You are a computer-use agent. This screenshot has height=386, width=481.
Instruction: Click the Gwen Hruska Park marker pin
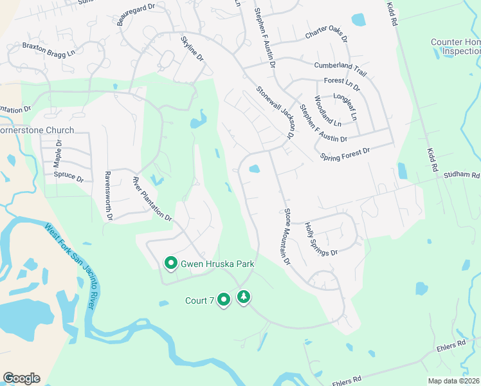click(171, 264)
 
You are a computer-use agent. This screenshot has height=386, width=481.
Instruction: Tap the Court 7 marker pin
click(224, 300)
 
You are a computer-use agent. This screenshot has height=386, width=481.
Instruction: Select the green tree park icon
click(244, 297)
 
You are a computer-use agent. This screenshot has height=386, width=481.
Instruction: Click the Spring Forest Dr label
click(345, 154)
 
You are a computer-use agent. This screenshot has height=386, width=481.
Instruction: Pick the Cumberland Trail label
click(340, 65)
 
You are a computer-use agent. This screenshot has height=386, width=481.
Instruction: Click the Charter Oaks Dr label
click(326, 34)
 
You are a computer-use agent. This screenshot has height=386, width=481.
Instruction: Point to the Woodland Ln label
click(327, 111)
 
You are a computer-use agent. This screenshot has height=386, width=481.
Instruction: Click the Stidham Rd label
click(461, 174)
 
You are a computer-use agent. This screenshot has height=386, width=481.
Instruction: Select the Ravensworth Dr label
click(109, 196)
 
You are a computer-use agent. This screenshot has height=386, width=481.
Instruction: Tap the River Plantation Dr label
click(152, 199)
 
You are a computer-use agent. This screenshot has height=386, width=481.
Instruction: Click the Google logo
click(21, 378)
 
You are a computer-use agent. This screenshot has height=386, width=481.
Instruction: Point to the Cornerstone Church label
click(37, 130)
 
